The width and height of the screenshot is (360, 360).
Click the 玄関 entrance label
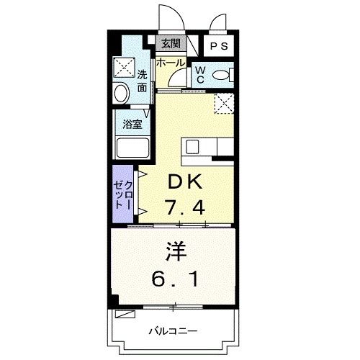tap(170, 44)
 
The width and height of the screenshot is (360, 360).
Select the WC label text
tap(201, 74)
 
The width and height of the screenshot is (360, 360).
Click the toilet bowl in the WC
tap(224, 74)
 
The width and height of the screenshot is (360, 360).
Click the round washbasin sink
tap(122, 93)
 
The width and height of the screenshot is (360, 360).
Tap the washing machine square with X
tap(123, 68)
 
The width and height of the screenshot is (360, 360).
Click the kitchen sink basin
tap(193, 147)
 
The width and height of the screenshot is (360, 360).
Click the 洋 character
tap(177, 253)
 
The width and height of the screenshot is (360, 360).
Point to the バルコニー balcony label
tap(174, 330)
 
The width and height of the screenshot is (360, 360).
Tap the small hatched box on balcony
tap(126, 315)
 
